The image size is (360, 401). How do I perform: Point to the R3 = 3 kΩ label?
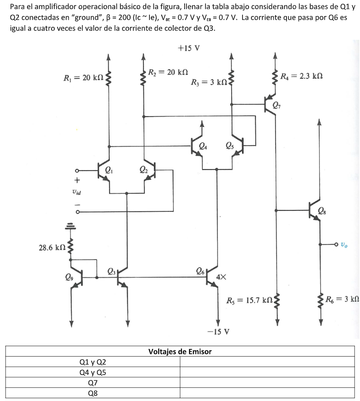click(x=209, y=83)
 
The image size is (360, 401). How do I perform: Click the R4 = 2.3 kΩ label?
click(x=302, y=75)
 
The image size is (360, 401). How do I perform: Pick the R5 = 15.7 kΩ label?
click(x=249, y=300)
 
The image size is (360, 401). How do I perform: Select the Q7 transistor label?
click(x=276, y=107)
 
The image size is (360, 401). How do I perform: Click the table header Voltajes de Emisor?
click(x=180, y=351)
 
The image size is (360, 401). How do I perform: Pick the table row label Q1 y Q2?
click(x=93, y=362)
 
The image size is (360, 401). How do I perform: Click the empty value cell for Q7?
click(x=267, y=383)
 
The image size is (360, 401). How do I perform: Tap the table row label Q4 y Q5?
click(x=93, y=372)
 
